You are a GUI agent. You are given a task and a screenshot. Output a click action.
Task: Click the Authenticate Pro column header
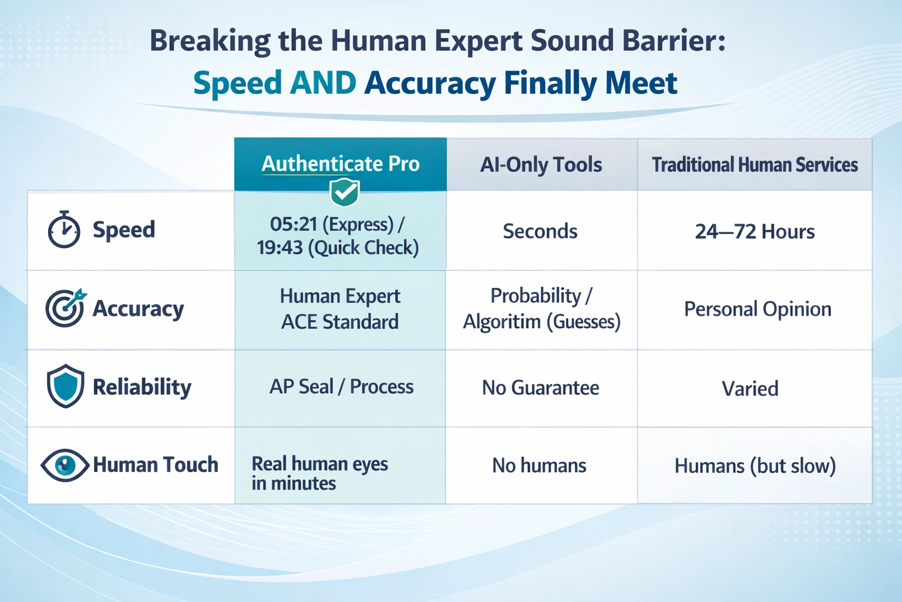341,163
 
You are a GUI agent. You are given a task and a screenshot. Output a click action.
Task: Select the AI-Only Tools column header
541,165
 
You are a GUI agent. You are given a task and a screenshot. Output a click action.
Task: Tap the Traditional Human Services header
755,165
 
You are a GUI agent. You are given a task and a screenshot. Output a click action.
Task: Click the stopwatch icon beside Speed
63,230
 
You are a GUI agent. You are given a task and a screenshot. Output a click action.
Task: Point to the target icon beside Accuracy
65,308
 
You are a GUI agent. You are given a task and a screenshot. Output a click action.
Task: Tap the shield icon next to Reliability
65,386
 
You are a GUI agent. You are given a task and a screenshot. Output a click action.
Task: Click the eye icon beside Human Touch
65,465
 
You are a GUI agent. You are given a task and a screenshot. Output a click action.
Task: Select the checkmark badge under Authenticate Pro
345,192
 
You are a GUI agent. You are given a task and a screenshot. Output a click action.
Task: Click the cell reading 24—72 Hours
755,232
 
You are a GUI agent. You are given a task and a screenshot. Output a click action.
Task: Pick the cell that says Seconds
540,232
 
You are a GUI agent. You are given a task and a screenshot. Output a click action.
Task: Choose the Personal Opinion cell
757,309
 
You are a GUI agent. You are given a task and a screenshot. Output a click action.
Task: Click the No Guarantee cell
540,388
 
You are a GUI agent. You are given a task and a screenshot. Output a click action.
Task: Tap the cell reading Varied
750,389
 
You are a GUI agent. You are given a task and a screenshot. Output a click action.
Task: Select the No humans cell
539,466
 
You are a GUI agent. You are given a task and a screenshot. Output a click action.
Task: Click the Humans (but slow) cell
755,466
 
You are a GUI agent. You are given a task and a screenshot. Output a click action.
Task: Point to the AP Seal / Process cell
341,387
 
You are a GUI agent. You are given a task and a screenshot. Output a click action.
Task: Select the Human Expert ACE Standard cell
340,309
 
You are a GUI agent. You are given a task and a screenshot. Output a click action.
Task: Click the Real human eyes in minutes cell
319,473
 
